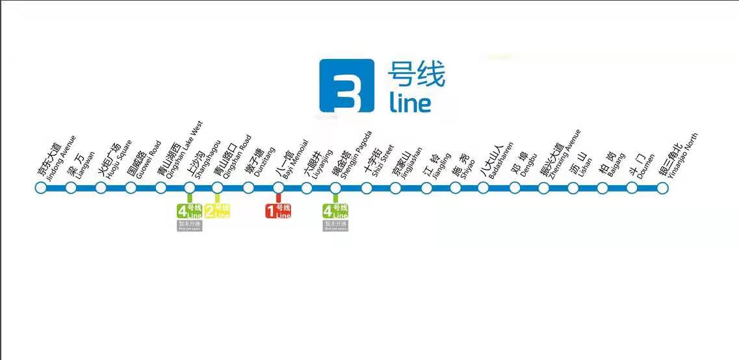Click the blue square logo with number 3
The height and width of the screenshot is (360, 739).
click(346, 86)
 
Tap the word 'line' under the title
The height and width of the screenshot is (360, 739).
click(410, 103)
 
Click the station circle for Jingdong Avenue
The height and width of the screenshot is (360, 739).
click(40, 188)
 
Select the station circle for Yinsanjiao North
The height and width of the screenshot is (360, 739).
click(662, 188)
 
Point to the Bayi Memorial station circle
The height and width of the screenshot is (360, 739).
click(278, 188)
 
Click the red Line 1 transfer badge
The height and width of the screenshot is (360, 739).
click(278, 211)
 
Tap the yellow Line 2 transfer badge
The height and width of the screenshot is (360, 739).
click(217, 211)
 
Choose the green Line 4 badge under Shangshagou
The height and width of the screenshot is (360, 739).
click(190, 211)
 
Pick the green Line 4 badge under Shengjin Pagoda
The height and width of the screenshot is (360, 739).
click(335, 211)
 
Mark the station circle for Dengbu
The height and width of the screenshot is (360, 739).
click(514, 188)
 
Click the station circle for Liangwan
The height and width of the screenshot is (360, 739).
click(71, 188)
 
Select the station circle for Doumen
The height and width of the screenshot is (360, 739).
click(632, 188)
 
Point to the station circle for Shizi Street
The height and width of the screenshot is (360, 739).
click(367, 188)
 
